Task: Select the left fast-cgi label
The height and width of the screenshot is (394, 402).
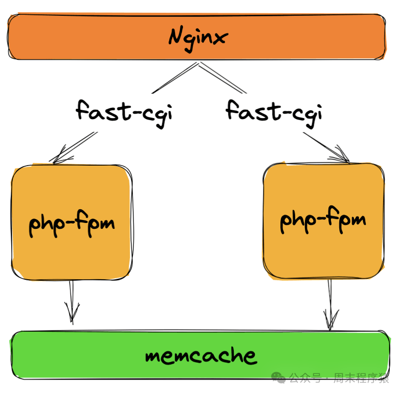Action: [125, 111]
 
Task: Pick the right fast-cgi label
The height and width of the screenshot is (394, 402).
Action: [274, 111]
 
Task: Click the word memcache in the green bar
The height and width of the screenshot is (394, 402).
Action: [201, 355]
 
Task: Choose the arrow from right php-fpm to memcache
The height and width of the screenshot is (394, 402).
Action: [330, 301]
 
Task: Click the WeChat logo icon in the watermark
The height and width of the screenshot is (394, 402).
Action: [278, 377]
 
